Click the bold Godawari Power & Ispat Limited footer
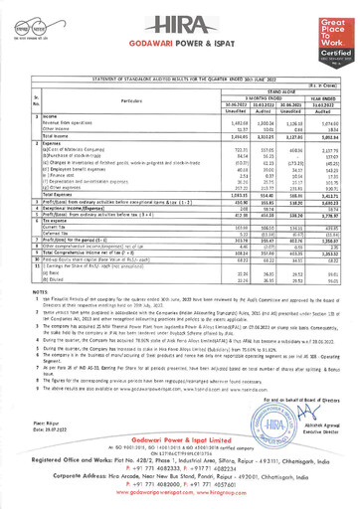(180, 436)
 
